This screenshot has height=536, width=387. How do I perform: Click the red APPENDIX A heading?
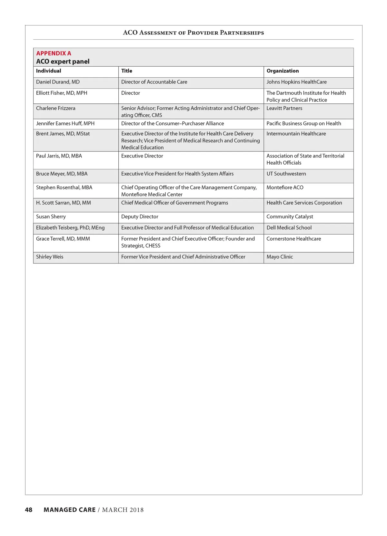coord(54,53)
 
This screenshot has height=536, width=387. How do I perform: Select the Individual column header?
coord(48,71)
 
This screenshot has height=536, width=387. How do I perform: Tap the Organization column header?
coord(283,71)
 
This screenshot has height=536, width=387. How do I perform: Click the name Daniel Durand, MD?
coord(58,82)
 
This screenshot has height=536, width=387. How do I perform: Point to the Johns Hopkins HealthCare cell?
coord(296,82)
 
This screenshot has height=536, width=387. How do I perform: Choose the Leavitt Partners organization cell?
coord(284,108)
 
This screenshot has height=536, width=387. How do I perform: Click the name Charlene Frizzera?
coord(55,108)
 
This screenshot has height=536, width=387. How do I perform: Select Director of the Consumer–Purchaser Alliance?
coord(173,123)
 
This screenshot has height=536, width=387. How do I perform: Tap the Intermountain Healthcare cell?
coord(296,134)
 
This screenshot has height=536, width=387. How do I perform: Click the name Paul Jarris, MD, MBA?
coord(59,156)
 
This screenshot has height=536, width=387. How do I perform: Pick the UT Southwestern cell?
coord(286,174)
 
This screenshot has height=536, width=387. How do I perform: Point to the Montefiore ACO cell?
coord(285,187)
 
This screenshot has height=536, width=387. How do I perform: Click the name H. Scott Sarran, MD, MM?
coord(64,203)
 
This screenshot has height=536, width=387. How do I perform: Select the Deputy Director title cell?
coord(140,217)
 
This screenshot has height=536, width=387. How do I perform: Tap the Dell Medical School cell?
coord(289,228)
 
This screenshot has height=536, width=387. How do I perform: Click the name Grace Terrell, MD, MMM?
coord(63,239)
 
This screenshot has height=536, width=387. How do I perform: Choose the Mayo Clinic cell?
coord(280,257)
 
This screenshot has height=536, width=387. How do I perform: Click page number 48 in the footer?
coord(29,510)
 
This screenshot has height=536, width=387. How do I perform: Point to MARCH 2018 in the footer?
coord(123,510)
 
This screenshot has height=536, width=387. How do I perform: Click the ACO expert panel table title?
coord(63,62)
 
